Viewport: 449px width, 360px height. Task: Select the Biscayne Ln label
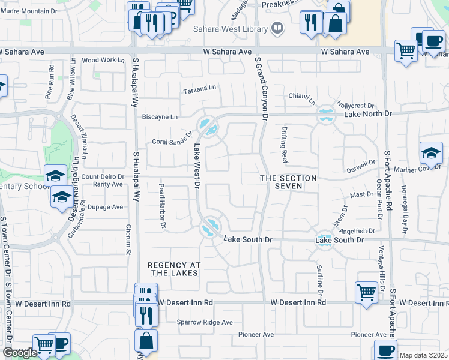[x=158, y=117]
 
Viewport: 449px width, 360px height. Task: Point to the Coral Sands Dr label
[x=172, y=139]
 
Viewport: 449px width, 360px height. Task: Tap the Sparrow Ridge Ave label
[x=204, y=322]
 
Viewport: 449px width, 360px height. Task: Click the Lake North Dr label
[x=367, y=113]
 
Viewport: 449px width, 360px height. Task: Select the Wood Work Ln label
[x=99, y=60]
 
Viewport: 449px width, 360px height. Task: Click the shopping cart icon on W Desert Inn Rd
[x=366, y=293]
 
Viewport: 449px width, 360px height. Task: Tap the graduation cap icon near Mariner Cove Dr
[x=431, y=152]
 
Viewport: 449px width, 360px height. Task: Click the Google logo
[x=20, y=353]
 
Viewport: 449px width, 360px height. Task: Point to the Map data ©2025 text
[x=423, y=355]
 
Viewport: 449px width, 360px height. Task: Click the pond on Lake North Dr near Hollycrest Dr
[x=326, y=113]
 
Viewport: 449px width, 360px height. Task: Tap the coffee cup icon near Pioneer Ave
[x=385, y=350]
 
